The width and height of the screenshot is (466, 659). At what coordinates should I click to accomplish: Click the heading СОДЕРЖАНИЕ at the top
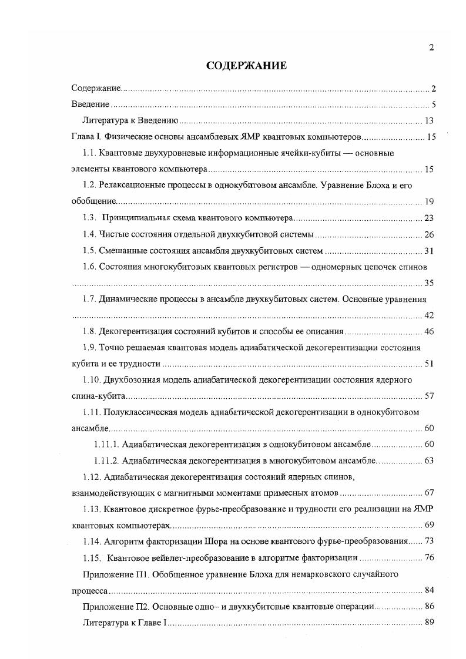click(x=246, y=66)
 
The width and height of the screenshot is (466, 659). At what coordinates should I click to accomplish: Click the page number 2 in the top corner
click(x=431, y=48)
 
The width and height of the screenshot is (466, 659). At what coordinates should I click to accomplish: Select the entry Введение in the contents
click(x=90, y=105)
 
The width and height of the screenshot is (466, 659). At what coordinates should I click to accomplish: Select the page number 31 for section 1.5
click(x=428, y=251)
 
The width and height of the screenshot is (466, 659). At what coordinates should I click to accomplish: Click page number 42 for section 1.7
click(x=428, y=315)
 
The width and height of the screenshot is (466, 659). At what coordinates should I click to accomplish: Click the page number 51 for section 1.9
click(x=428, y=364)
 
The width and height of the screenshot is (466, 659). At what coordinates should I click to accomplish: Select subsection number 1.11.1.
click(x=106, y=444)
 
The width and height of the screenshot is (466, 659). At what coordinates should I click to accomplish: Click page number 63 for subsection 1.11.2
click(x=428, y=460)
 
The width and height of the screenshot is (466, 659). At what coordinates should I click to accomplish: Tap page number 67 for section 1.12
click(x=428, y=492)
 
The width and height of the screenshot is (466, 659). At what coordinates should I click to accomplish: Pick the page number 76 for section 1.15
click(x=428, y=557)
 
